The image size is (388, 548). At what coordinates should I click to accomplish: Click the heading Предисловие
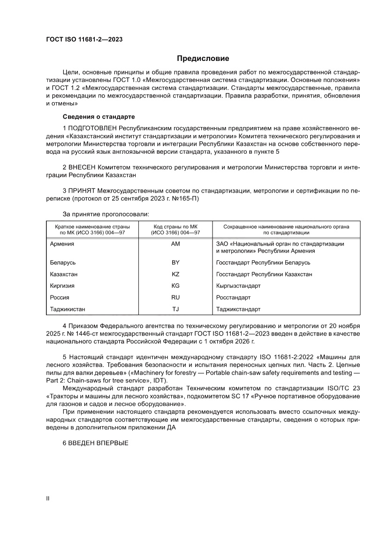click(203, 59)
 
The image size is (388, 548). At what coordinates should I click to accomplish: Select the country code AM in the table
click(176, 244)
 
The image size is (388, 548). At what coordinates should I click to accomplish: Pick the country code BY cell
click(176, 263)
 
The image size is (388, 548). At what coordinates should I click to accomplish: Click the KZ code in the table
click(176, 274)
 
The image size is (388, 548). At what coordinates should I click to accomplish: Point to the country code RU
click(176, 298)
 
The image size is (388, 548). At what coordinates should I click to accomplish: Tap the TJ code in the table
click(176, 309)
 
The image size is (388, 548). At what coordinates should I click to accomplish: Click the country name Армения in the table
click(62, 244)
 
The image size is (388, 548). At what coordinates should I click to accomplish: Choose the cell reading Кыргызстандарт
click(238, 286)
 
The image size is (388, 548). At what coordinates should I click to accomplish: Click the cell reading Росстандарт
click(234, 298)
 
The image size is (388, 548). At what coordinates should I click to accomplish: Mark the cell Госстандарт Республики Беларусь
click(263, 263)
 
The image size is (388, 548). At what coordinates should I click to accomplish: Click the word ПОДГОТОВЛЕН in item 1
click(93, 128)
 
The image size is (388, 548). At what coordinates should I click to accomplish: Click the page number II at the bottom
click(47, 498)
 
